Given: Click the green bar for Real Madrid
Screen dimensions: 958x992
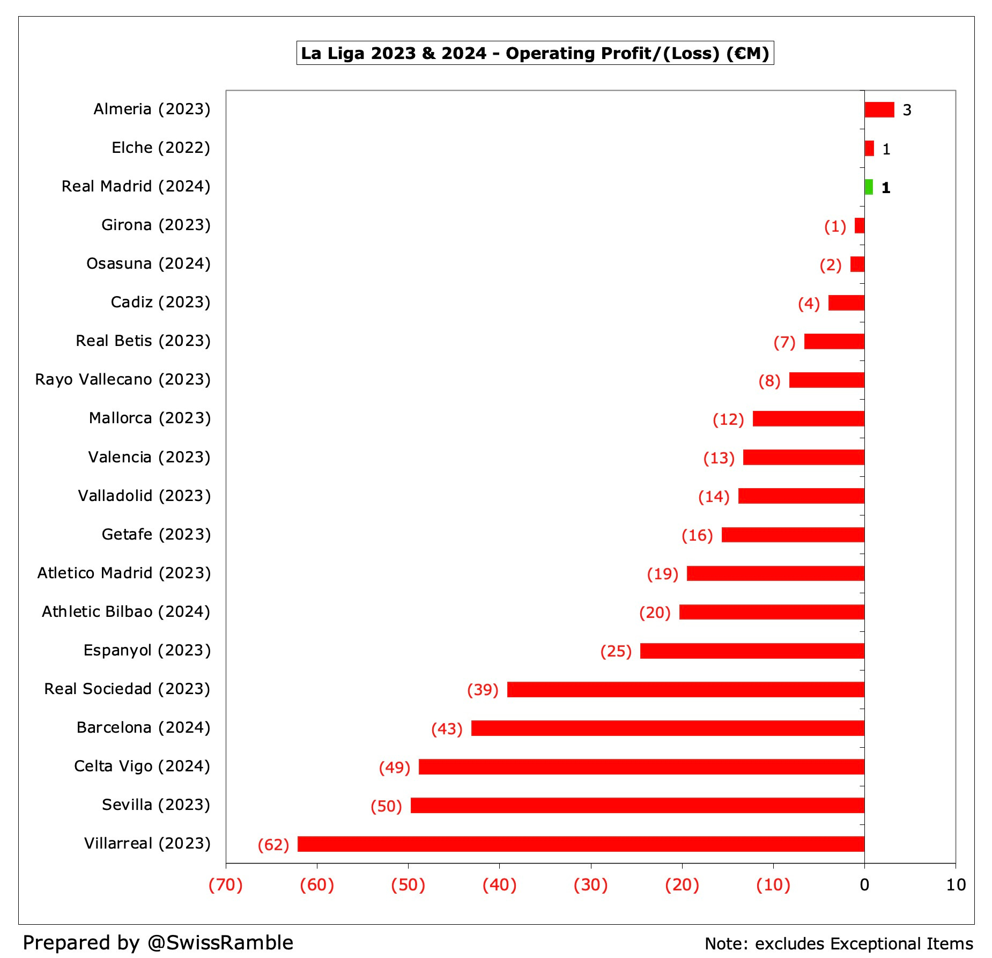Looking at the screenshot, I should pyautogui.click(x=869, y=187).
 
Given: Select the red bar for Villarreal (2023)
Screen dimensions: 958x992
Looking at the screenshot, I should pyautogui.click(x=581, y=844).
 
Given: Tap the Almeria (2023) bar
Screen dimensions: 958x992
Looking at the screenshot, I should pyautogui.click(x=879, y=109).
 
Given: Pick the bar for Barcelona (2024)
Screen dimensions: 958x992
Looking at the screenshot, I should pyautogui.click(x=668, y=728).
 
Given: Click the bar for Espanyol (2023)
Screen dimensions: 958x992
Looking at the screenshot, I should pyautogui.click(x=752, y=651).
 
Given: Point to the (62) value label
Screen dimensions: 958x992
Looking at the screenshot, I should pyautogui.click(x=273, y=845).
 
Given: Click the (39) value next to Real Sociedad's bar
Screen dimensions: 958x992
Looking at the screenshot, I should pyautogui.click(x=483, y=690).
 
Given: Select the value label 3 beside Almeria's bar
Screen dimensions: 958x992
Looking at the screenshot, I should pyautogui.click(x=907, y=110).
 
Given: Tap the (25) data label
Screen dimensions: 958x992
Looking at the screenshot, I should pyautogui.click(x=616, y=651).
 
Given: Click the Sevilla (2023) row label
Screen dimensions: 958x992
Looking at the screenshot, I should pyautogui.click(x=156, y=805).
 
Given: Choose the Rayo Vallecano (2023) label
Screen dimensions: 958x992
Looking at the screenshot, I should pyautogui.click(x=123, y=379).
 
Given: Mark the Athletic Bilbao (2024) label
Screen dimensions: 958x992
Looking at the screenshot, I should pyautogui.click(x=126, y=611).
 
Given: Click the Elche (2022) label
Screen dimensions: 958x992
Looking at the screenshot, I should pyautogui.click(x=161, y=148).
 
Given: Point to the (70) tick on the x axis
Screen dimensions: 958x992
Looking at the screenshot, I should pyautogui.click(x=226, y=885).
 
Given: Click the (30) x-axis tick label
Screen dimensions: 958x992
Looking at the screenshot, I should pyautogui.click(x=590, y=885).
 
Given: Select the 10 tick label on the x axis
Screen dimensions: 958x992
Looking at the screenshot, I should pyautogui.click(x=956, y=885).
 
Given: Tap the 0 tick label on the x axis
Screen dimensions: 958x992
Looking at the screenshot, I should pyautogui.click(x=864, y=885).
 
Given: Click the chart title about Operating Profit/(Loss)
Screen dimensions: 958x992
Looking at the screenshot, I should pyautogui.click(x=535, y=53).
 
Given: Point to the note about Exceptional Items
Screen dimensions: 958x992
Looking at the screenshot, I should pyautogui.click(x=839, y=944).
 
